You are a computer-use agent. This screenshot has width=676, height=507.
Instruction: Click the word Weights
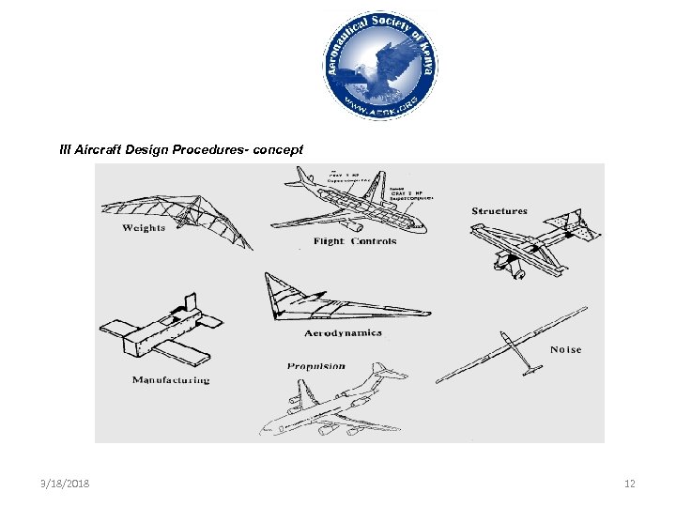pyautogui.click(x=144, y=227)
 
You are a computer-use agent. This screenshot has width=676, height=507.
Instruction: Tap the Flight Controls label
pyautogui.click(x=355, y=241)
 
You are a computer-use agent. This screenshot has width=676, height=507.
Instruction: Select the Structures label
pyautogui.click(x=499, y=211)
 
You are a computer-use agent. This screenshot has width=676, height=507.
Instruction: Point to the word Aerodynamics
pyautogui.click(x=343, y=333)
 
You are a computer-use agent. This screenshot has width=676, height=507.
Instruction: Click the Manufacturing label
pyautogui.click(x=171, y=380)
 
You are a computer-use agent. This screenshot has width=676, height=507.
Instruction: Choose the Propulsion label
pyautogui.click(x=316, y=366)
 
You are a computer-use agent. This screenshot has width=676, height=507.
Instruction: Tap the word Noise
pyautogui.click(x=565, y=349)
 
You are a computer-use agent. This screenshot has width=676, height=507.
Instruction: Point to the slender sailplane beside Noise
pyautogui.click(x=512, y=343)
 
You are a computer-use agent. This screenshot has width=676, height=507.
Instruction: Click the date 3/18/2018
pyautogui.click(x=65, y=484)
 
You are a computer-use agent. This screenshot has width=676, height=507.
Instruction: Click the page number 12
pyautogui.click(x=630, y=484)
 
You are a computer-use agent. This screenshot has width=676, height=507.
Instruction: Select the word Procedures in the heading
pyautogui.click(x=210, y=149)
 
